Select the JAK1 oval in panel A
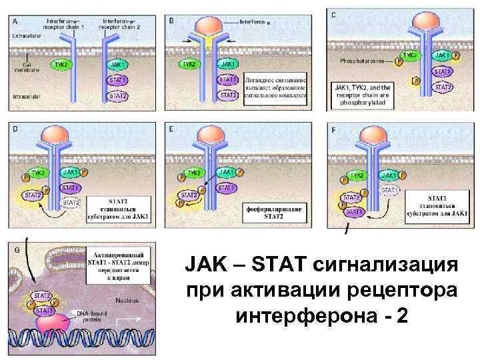(118, 65)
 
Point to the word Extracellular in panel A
(26, 35)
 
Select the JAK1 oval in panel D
(71, 172)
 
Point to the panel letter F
(333, 130)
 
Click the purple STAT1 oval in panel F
(353, 212)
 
